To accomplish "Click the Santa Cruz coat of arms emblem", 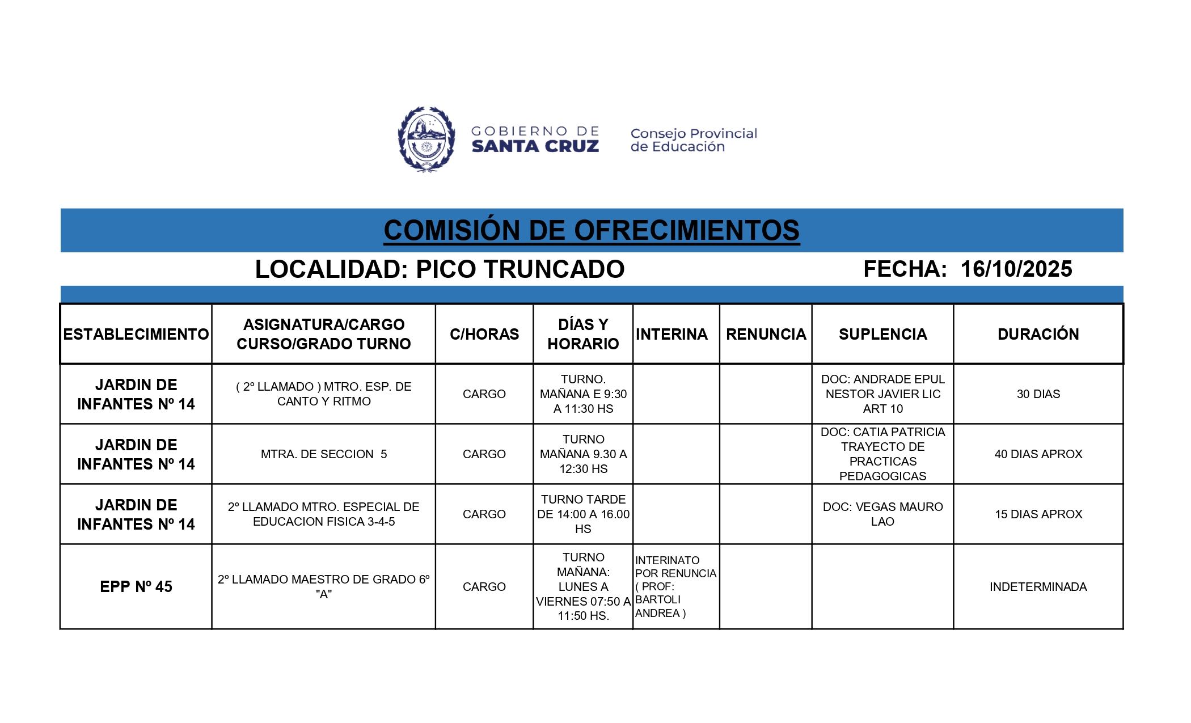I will coord(426,139).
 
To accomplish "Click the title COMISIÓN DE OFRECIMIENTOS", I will coord(592,231).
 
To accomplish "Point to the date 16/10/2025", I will coord(1016,269).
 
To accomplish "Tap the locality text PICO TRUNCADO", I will coord(520,269).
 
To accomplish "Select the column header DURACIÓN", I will coord(1038,335).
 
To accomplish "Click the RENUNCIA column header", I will coord(766,335).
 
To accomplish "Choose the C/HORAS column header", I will coord(484,335).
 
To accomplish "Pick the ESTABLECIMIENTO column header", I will coord(136,335).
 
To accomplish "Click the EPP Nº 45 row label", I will coord(136,587).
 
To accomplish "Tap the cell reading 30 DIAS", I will coord(1038,394).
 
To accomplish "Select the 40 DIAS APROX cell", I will coord(1038,454).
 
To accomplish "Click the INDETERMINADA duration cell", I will coord(1038,587).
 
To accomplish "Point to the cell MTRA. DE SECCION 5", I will coord(324,454).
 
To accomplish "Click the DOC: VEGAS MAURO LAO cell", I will coord(882,514).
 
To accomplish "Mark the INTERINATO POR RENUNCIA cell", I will coord(675,587).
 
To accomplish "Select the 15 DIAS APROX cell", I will coord(1038,514).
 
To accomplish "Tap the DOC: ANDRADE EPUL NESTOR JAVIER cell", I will coord(882,394).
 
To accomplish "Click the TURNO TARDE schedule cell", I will coord(583,514).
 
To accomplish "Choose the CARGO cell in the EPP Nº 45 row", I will coord(484,587).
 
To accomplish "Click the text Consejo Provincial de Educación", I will coord(694,140).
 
